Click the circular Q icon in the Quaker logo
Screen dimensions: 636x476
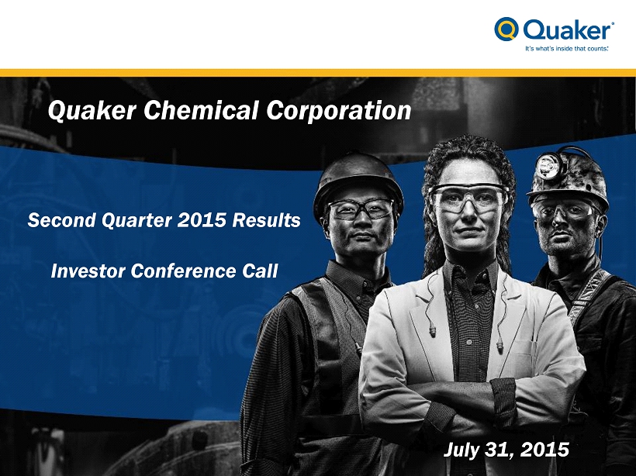[x=506, y=29]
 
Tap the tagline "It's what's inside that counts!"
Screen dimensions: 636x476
[x=567, y=49]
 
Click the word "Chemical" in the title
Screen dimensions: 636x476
[x=201, y=110]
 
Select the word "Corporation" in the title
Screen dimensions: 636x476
[x=339, y=111]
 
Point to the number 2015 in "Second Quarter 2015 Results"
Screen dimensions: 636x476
[x=202, y=220]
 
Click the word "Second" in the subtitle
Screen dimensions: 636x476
[x=61, y=220]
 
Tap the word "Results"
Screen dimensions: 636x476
[x=267, y=220]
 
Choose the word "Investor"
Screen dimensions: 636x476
[x=88, y=271]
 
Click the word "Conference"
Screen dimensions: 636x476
[x=184, y=271]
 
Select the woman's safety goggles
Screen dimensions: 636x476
[x=468, y=198]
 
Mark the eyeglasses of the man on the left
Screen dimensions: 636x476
[x=361, y=209]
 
